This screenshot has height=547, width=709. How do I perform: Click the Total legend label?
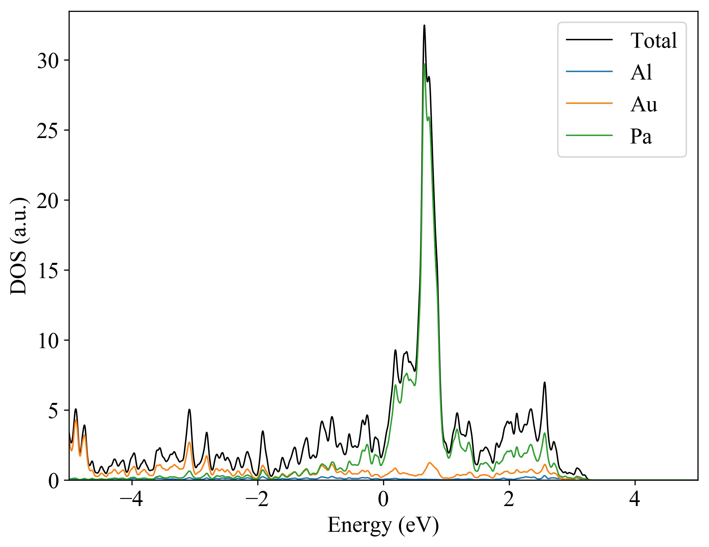[653, 41]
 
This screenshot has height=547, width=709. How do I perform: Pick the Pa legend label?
[641, 136]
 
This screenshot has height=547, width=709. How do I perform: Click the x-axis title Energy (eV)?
[383, 526]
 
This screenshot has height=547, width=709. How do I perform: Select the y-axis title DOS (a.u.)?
[19, 246]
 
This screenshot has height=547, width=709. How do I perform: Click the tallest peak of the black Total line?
[424, 26]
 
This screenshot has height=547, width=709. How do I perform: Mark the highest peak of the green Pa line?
[424, 64]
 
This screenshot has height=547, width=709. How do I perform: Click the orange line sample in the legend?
[589, 103]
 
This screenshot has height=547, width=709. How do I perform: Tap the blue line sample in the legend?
[589, 71]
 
